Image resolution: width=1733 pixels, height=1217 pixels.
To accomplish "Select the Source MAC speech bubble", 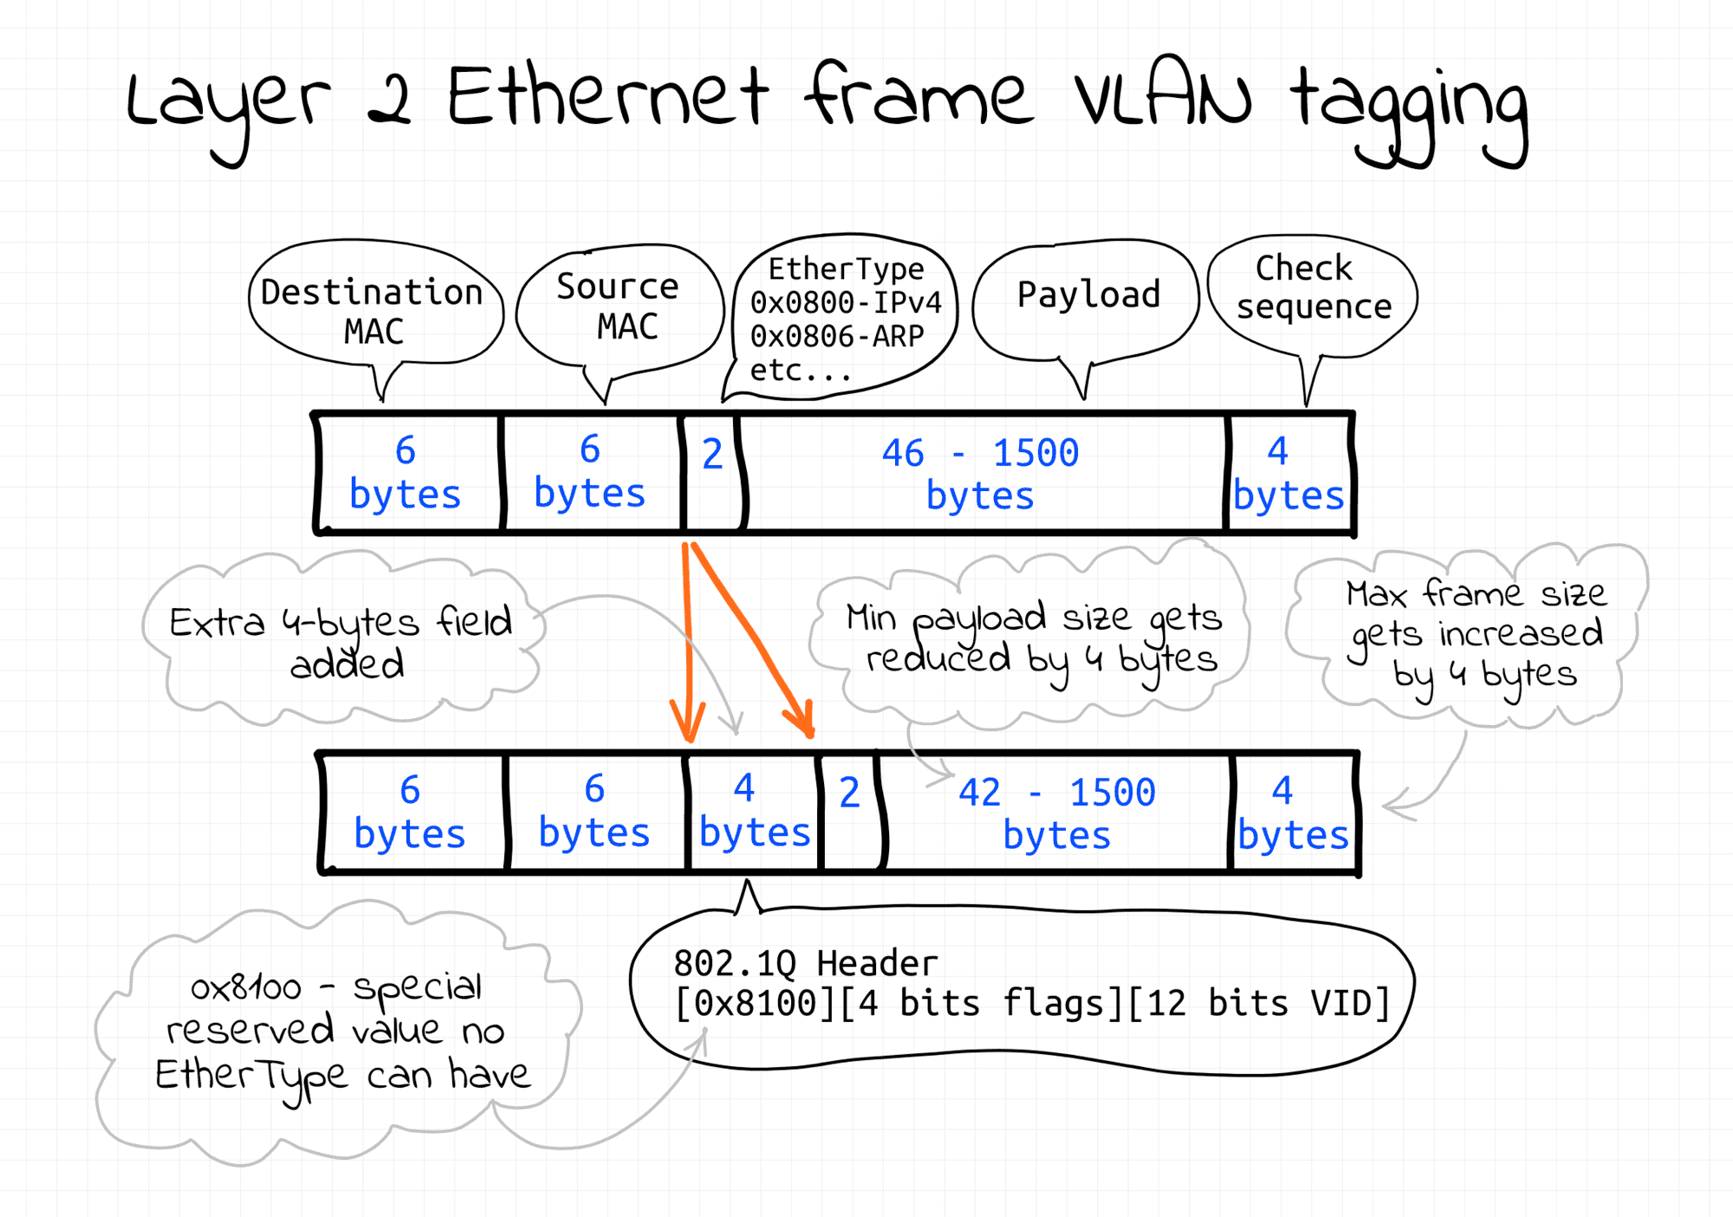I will pyautogui.click(x=619, y=307).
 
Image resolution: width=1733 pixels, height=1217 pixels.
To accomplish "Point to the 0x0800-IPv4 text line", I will pyautogui.click(x=845, y=303).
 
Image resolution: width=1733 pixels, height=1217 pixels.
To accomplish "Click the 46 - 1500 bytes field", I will pyautogui.click(x=981, y=473).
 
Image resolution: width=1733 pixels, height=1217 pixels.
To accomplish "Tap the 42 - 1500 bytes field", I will pyautogui.click(x=1056, y=812).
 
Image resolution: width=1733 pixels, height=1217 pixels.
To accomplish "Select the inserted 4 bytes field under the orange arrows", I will pyautogui.click(x=753, y=812).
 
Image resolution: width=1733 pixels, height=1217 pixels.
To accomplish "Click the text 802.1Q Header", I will pyautogui.click(x=805, y=963).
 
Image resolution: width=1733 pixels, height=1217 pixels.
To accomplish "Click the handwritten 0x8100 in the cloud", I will pyautogui.click(x=246, y=988).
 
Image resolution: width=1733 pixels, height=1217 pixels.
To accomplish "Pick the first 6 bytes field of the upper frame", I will pyautogui.click(x=406, y=473).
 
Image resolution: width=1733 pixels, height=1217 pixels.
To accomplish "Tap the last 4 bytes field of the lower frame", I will pyautogui.click(x=1292, y=812).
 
